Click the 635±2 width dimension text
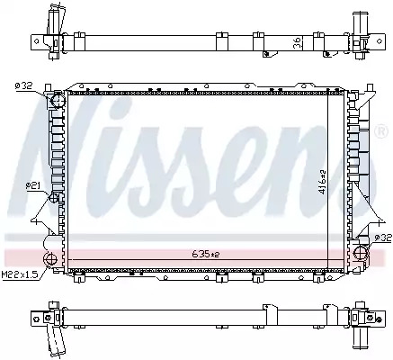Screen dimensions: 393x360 [206, 255]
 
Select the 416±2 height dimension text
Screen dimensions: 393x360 [323, 182]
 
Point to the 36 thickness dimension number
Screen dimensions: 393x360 [297, 43]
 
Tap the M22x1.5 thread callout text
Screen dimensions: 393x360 [21, 275]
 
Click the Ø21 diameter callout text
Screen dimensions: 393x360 [32, 186]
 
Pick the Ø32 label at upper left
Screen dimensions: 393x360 [23, 86]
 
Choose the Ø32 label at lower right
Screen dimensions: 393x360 [383, 238]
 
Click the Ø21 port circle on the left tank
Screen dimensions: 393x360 [54, 197]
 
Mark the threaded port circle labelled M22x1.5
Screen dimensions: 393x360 [49, 259]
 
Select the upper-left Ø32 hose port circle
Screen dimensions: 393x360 [58, 101]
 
